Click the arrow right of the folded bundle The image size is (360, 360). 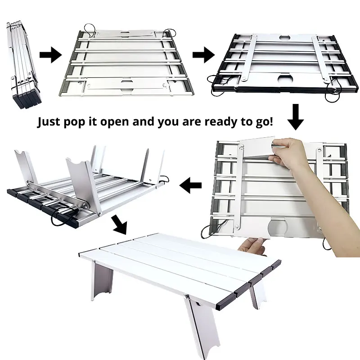click(x=50, y=55)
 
